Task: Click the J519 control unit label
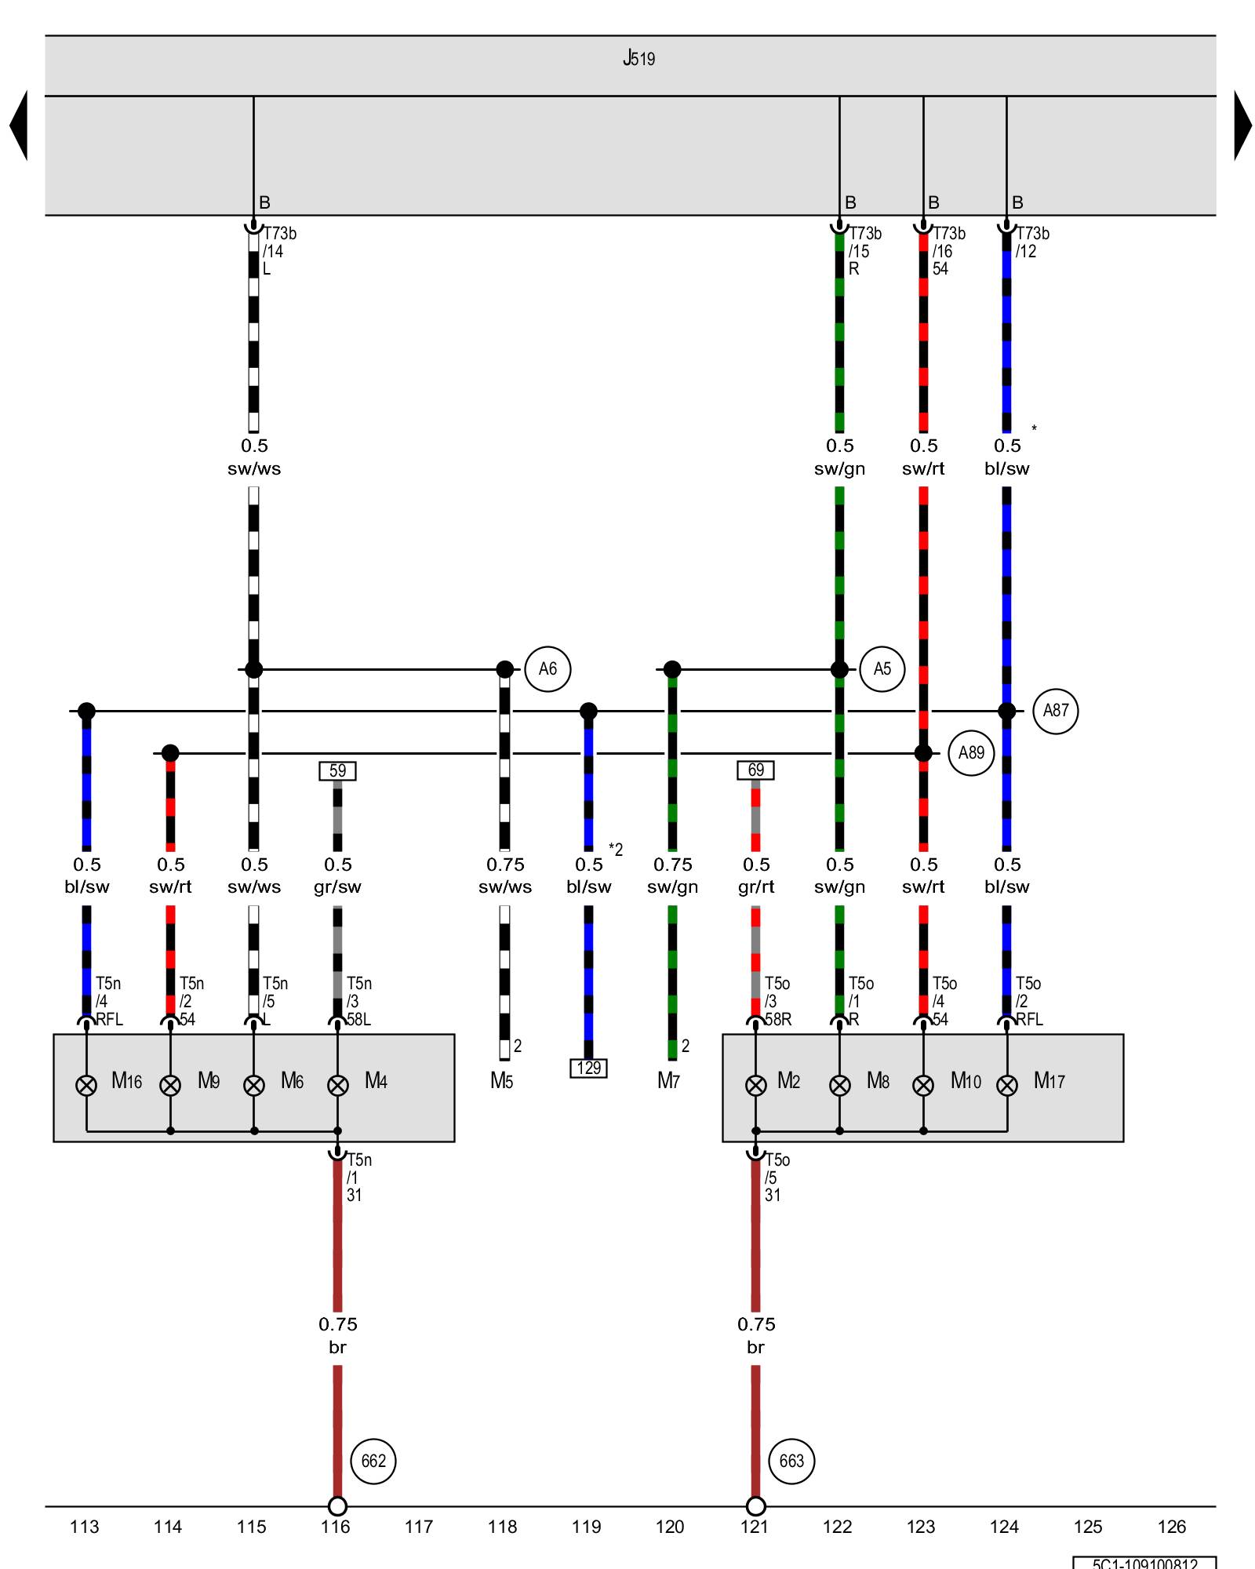click(x=638, y=59)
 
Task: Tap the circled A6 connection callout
click(x=547, y=669)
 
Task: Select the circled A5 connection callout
click(x=882, y=669)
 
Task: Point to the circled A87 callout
click(x=1056, y=711)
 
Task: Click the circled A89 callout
click(x=971, y=753)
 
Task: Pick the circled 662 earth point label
click(x=373, y=1462)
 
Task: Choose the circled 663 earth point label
click(x=791, y=1462)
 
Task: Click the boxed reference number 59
click(x=337, y=771)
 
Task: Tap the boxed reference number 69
click(x=755, y=771)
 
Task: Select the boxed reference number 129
click(x=588, y=1068)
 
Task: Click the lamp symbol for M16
click(x=86, y=1086)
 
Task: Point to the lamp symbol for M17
click(x=1007, y=1086)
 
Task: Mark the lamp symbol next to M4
click(x=337, y=1086)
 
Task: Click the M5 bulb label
click(x=501, y=1081)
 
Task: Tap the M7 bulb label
click(x=668, y=1081)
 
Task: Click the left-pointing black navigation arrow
click(x=19, y=126)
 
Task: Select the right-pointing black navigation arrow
click(x=1242, y=126)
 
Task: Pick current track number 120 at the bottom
click(x=670, y=1527)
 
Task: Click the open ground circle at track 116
click(x=337, y=1506)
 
